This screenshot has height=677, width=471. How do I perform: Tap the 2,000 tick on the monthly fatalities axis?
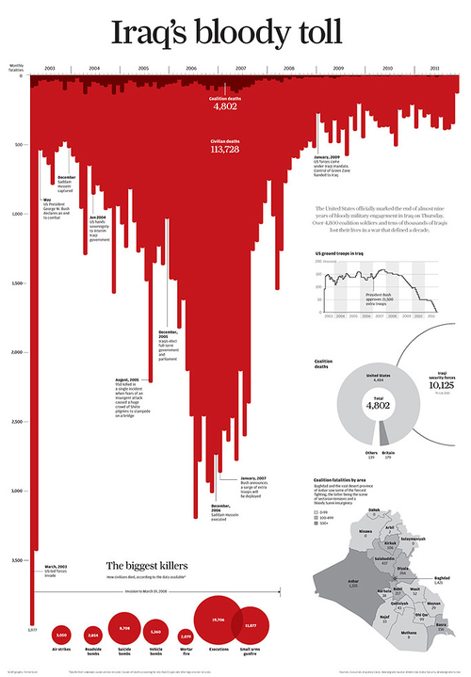[18, 352]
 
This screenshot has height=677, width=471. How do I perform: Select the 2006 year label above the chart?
[192, 69]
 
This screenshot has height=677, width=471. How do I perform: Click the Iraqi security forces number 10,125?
[440, 384]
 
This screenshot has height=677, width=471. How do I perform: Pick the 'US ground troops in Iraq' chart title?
[346, 254]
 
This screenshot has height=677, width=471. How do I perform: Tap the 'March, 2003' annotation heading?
[56, 566]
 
